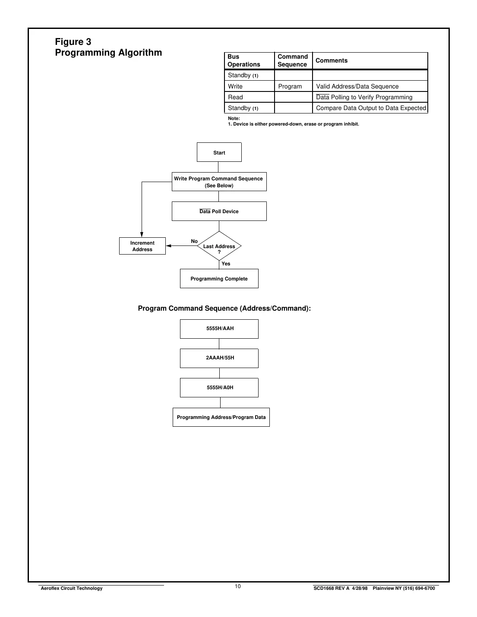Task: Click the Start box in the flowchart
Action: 219,152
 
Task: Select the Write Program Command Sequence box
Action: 219,182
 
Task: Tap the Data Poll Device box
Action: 219,211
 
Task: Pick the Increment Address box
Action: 142,246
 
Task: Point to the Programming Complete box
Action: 219,279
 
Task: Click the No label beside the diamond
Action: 194,241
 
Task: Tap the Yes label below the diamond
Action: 226,264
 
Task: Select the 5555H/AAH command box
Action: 219,329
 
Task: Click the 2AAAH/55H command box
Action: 219,358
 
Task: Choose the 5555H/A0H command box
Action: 219,387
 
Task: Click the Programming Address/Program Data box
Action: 221,417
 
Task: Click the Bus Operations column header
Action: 244,60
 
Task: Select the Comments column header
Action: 332,60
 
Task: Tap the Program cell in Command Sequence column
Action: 290,86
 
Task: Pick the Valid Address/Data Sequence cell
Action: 357,86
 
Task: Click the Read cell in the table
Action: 236,97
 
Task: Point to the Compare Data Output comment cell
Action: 371,108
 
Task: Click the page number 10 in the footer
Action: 238,586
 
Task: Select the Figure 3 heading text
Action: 73,42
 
